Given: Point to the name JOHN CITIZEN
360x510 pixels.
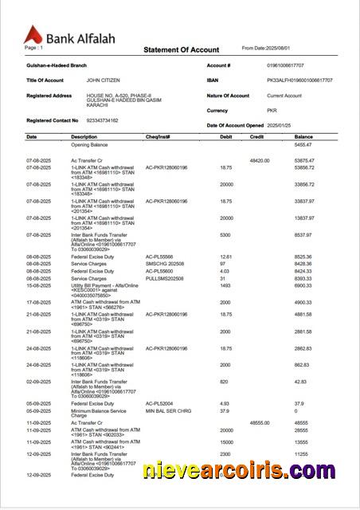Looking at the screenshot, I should (104, 80).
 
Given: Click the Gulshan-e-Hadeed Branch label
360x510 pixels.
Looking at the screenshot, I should (53, 65).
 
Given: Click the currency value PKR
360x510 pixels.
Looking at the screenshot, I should (272, 111).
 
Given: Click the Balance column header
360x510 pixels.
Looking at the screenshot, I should (303, 137).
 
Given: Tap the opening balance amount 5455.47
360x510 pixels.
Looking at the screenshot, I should (303, 145).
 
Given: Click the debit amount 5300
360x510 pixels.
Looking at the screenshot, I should (225, 235).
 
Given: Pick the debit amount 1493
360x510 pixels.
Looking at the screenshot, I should (225, 284).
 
